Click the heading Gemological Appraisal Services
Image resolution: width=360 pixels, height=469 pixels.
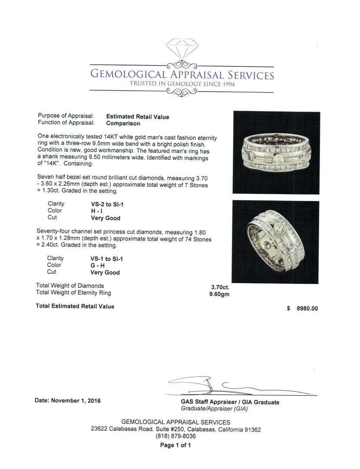tap(182, 74)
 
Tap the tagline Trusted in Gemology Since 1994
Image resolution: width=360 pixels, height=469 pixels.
tap(182, 84)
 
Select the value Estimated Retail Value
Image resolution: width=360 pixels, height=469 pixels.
tap(138, 117)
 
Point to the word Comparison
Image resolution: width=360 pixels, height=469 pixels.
tap(123, 123)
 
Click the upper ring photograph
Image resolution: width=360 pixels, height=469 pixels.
tap(276, 152)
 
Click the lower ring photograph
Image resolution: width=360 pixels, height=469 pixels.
tap(275, 241)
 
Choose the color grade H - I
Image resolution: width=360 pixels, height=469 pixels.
tap(96, 211)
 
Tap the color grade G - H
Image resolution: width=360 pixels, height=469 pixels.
tap(97, 265)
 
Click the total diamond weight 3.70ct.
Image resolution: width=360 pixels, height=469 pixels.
tap(220, 287)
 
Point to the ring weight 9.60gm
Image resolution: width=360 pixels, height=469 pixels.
tap(219, 294)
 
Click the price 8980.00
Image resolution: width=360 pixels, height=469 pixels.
tap(307, 309)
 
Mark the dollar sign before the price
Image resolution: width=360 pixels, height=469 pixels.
tap(288, 309)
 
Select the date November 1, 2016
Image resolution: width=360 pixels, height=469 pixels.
tap(76, 401)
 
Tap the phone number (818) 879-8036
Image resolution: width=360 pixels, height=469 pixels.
tap(175, 436)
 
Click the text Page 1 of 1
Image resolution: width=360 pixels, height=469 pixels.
tap(175, 445)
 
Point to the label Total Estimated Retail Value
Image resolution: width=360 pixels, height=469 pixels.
tap(75, 307)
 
